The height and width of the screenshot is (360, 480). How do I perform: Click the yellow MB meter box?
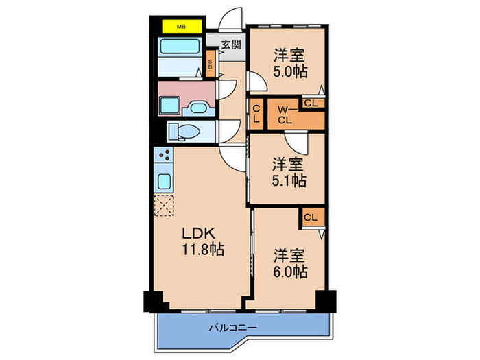182,27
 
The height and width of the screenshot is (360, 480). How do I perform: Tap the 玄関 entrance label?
230,45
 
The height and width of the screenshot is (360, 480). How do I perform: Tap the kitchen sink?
165,182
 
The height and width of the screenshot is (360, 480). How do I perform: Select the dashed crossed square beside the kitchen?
165,205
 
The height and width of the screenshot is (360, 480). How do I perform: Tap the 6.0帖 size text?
289,271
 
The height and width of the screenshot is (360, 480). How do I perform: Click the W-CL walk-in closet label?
286,115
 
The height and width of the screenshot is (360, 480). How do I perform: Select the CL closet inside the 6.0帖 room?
311,217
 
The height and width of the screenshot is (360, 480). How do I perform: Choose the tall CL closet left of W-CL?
256,115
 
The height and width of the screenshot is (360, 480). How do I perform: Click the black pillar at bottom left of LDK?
152,300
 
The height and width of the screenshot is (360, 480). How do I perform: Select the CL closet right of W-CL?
311,104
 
